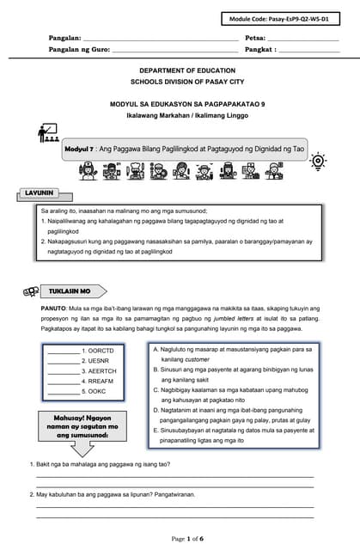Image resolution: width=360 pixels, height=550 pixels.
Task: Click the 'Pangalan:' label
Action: coord(64,39)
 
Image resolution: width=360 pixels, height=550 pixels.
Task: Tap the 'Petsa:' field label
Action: coord(255,39)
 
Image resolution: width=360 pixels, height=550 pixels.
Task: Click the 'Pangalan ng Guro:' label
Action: coord(79,50)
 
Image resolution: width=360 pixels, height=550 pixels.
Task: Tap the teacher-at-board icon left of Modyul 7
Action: coord(48,133)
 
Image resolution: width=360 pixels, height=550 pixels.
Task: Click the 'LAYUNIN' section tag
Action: coord(40,193)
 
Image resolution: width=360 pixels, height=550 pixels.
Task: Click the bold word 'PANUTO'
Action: coord(53,308)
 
